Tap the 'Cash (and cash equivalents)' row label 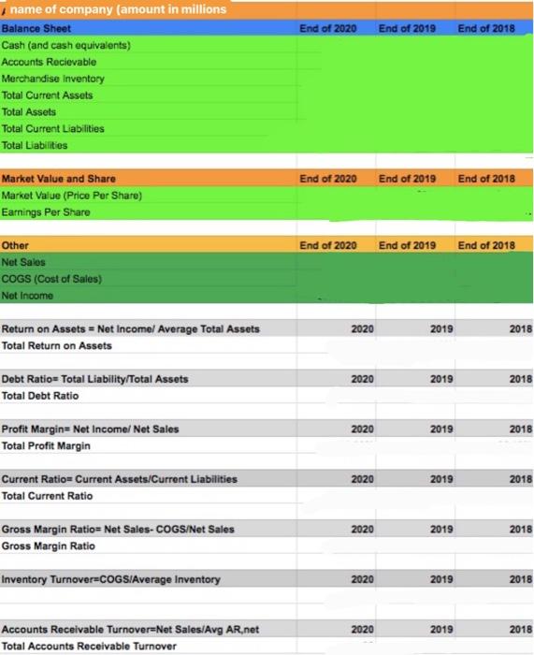(x=66, y=45)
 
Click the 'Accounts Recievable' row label (x=49, y=62)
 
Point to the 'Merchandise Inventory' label (x=53, y=79)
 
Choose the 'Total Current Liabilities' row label (x=53, y=128)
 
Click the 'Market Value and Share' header (x=59, y=178)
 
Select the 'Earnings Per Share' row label (x=46, y=212)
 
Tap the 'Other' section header (x=16, y=245)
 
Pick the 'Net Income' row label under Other (x=28, y=296)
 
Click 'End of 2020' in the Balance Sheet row (x=327, y=28)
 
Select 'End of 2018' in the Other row (x=486, y=245)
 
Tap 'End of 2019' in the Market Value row (x=407, y=178)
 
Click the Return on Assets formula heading (x=131, y=328)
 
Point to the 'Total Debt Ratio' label (x=40, y=396)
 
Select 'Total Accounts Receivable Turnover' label (x=89, y=646)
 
